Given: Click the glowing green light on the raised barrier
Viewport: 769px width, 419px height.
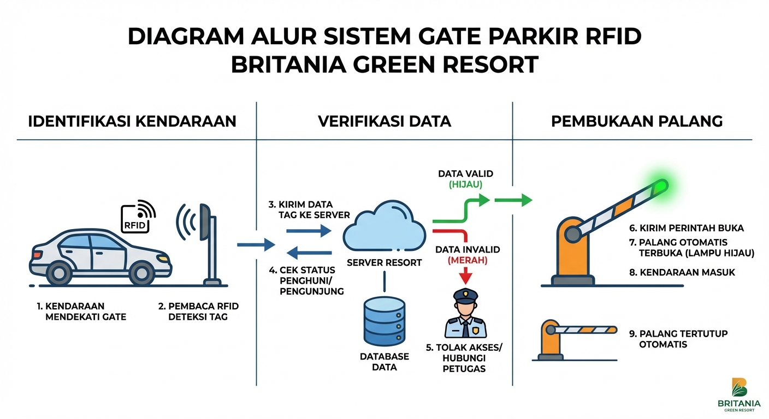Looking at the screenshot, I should (661, 186).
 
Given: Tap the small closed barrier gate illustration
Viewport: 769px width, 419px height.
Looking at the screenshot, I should (573, 339).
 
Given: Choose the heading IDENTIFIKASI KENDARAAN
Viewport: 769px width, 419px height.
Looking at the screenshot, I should (132, 121).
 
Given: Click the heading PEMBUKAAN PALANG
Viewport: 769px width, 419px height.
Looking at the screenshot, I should (637, 121).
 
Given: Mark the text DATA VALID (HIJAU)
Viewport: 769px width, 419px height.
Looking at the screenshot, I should (466, 179).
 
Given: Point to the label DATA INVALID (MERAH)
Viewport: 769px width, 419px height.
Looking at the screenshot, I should (468, 255).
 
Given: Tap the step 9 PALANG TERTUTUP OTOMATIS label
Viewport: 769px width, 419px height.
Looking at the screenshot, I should (677, 339).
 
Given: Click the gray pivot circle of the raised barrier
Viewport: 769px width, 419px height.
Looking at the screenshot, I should (572, 235).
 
